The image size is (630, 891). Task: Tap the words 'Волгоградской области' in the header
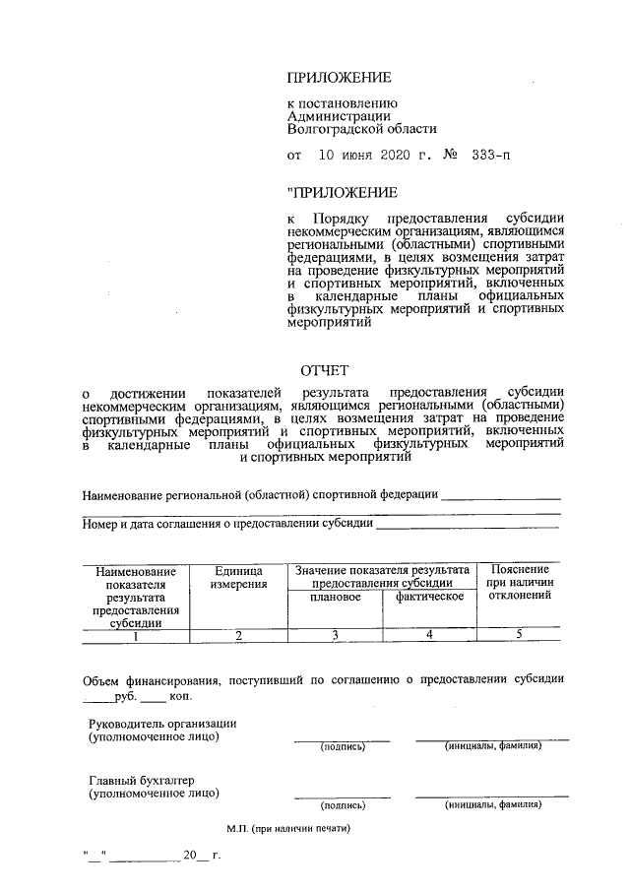361,128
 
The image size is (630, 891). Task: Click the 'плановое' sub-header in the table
334,598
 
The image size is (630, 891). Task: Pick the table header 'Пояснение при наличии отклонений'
519,584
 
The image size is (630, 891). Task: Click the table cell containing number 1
135,635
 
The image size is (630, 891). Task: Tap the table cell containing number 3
334,635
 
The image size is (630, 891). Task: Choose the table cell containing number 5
519,635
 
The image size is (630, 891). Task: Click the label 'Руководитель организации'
162,724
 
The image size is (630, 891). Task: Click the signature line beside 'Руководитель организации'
342,738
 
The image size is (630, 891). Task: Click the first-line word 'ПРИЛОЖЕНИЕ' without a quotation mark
339,78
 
